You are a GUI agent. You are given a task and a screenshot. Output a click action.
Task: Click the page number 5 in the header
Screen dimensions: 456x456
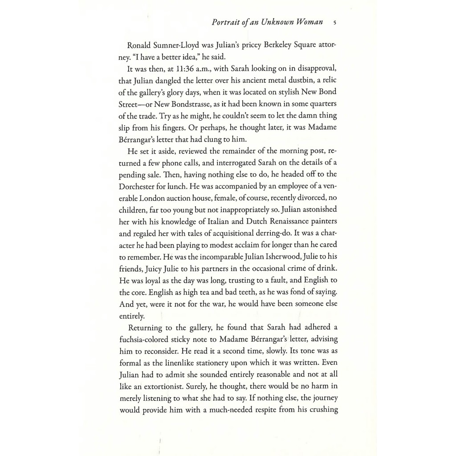334,22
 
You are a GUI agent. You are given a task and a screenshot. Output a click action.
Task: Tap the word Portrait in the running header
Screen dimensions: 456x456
226,22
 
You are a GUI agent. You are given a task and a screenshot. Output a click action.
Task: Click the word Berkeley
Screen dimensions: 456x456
268,45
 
